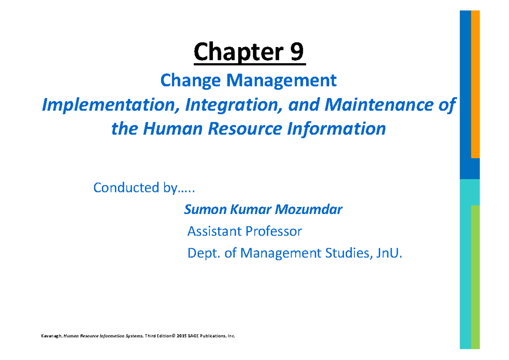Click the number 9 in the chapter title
296,53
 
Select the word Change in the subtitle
187,80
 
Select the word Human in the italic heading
171,129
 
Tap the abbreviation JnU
389,253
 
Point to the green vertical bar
475,276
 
